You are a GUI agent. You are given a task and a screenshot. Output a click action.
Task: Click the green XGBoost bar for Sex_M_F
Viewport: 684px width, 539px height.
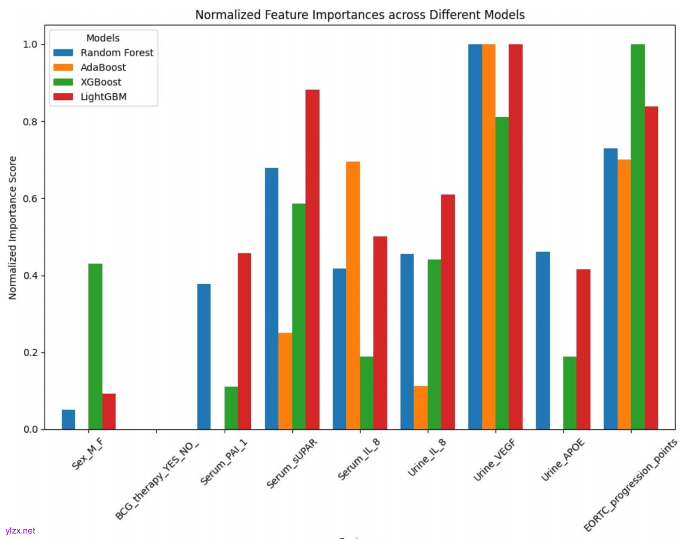(95, 346)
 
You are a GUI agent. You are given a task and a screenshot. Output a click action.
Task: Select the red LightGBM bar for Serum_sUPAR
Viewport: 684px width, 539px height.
(313, 260)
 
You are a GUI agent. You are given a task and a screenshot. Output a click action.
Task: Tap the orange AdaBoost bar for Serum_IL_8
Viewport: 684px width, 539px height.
(353, 295)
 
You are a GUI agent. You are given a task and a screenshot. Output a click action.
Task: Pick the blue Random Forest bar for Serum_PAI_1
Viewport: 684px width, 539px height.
(204, 356)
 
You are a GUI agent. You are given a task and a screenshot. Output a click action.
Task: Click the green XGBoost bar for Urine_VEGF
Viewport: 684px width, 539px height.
(502, 273)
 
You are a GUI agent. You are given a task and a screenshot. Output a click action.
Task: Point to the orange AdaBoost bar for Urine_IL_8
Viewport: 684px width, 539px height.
(421, 408)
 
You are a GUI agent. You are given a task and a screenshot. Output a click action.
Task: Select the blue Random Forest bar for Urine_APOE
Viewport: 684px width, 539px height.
(543, 340)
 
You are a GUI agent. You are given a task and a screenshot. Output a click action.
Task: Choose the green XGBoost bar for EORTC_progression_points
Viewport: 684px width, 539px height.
(638, 237)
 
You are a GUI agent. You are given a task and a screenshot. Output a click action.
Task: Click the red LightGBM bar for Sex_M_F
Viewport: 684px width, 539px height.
(109, 411)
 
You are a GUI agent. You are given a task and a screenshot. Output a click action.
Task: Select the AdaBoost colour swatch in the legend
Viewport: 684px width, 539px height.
(63, 68)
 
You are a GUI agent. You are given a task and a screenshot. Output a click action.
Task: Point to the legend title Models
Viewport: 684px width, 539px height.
(103, 38)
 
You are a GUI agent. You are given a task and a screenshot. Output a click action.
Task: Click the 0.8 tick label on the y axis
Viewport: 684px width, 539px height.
(30, 122)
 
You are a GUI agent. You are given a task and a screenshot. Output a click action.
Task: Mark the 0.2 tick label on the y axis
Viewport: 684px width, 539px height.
(30, 352)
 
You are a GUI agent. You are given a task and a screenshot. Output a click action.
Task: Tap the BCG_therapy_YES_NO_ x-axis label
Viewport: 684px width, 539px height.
(157, 481)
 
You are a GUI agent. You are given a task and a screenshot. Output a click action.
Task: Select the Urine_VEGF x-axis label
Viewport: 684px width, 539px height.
(494, 460)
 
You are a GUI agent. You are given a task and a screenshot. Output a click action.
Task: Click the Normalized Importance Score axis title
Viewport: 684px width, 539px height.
(13, 227)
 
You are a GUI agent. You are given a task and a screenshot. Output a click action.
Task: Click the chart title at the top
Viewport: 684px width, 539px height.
(360, 15)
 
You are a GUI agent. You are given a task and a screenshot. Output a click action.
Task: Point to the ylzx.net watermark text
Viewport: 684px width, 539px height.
(20, 531)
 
